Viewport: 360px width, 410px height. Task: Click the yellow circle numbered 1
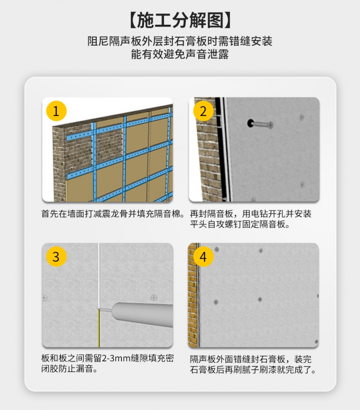click(56, 111)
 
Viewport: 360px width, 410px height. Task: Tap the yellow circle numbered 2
click(203, 111)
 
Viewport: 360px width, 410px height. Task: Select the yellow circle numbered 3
click(56, 257)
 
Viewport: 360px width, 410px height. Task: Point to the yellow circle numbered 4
click(203, 257)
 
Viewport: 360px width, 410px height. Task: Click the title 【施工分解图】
click(180, 20)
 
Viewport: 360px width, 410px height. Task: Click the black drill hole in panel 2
click(251, 123)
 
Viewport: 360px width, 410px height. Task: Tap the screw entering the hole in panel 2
click(263, 125)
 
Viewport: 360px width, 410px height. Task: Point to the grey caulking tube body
click(143, 315)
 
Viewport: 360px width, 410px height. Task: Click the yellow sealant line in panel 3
click(99, 328)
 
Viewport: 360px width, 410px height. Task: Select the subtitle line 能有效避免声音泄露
click(180, 54)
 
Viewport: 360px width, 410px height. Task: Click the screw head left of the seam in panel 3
click(45, 297)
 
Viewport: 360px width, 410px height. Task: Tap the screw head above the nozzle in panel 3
click(154, 297)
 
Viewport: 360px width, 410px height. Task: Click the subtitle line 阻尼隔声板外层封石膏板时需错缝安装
click(180, 41)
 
